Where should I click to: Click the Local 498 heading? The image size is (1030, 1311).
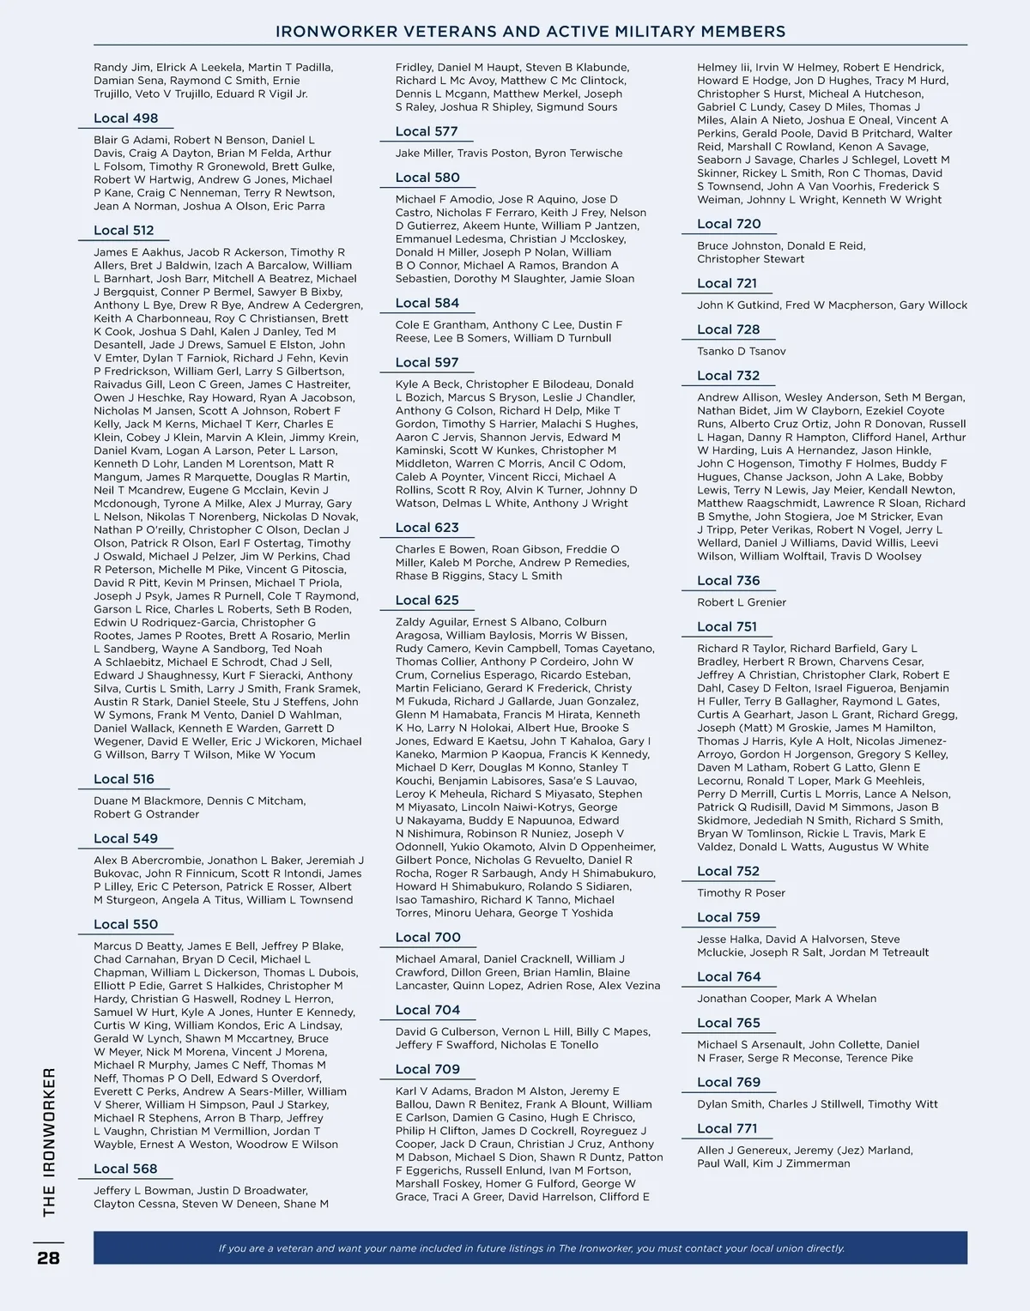click(x=126, y=118)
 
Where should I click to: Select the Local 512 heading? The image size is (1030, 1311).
click(x=124, y=230)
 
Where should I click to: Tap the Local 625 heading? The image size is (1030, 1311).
click(x=427, y=600)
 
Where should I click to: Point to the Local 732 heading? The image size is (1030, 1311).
click(x=728, y=375)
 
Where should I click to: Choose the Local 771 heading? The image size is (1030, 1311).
click(x=727, y=1128)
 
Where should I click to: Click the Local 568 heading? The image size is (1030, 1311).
click(x=125, y=1169)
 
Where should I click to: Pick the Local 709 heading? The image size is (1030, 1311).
click(x=427, y=1069)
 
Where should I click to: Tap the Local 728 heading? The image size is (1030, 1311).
click(x=728, y=329)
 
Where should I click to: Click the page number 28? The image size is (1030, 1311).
click(x=48, y=1258)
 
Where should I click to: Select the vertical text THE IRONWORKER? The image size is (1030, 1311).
click(x=49, y=1141)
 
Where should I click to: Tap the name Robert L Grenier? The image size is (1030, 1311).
click(x=742, y=602)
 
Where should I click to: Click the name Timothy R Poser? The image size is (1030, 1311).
click(x=741, y=893)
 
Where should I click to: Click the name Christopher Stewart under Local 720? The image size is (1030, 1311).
click(x=751, y=259)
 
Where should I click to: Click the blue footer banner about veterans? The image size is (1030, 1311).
click(x=530, y=1248)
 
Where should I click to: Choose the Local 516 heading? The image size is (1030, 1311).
click(x=124, y=779)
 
